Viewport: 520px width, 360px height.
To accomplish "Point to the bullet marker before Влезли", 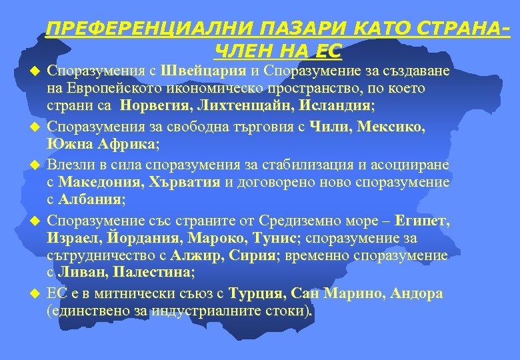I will (x=37, y=164).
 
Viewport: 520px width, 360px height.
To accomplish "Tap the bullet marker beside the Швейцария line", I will (x=37, y=71).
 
